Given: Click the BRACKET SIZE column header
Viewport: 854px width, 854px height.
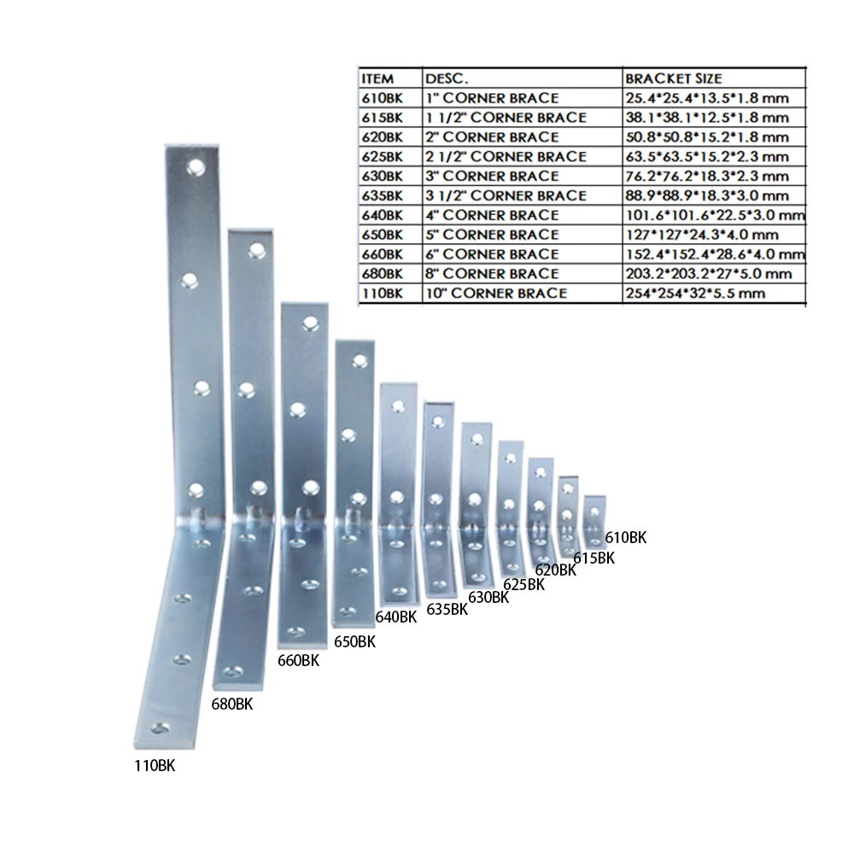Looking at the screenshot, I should (x=673, y=79).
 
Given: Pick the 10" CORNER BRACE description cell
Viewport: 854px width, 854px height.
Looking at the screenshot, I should (x=496, y=293).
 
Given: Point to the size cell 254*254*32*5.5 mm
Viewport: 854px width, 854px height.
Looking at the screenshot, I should (x=694, y=293).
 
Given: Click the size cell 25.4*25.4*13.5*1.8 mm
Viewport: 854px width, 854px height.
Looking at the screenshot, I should (x=706, y=98).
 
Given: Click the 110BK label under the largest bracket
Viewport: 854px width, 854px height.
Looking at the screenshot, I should (x=154, y=766).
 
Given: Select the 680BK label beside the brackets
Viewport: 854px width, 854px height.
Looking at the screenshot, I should (x=231, y=705).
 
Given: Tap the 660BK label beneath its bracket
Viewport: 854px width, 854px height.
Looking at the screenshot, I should (x=298, y=660).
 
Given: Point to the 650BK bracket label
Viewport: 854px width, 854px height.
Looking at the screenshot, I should (x=354, y=641).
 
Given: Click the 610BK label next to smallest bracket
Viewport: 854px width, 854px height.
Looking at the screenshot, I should (x=626, y=538).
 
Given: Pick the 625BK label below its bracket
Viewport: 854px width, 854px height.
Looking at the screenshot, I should (x=524, y=584).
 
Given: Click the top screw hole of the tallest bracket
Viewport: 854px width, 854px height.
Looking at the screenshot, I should (x=196, y=165).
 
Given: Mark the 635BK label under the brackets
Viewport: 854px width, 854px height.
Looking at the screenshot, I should (x=447, y=609).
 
